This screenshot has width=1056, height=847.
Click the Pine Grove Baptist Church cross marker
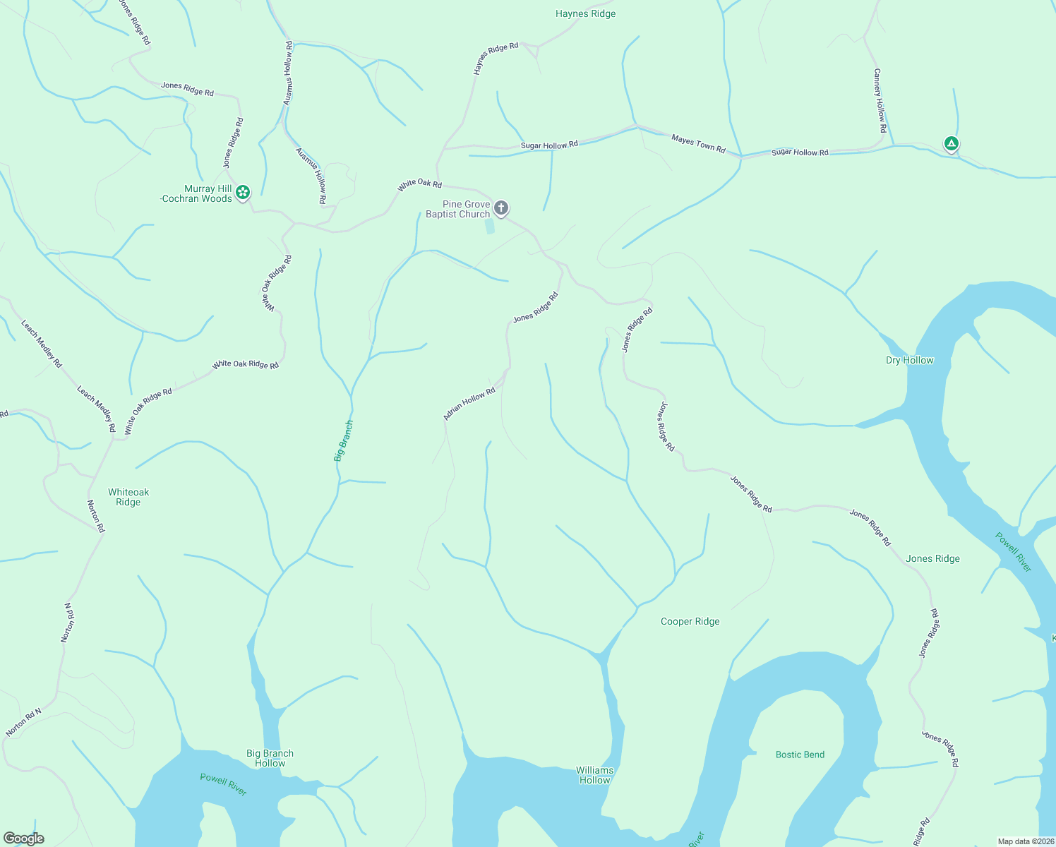(501, 208)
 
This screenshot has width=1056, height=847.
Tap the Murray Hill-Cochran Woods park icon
(243, 192)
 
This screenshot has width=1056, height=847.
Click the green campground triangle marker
(951, 144)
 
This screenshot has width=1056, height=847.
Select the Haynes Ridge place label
(585, 13)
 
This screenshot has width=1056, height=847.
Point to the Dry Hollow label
(909, 360)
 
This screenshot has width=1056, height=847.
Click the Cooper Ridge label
(690, 621)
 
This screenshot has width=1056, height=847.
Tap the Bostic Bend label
(800, 755)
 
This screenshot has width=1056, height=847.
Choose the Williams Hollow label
(594, 775)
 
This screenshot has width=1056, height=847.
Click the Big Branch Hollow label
(270, 758)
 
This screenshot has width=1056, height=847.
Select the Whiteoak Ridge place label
(128, 497)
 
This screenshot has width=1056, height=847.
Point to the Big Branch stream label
(344, 441)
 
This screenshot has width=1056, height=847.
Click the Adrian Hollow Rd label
(469, 404)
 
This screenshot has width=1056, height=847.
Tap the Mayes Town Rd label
(698, 143)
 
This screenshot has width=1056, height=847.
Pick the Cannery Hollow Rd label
(879, 101)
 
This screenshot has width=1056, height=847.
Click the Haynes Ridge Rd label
(496, 59)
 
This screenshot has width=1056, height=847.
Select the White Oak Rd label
(419, 185)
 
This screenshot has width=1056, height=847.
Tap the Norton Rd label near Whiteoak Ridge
(95, 516)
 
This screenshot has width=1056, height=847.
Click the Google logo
(24, 839)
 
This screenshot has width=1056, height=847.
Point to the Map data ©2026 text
(1025, 841)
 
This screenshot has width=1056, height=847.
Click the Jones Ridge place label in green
(932, 558)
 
